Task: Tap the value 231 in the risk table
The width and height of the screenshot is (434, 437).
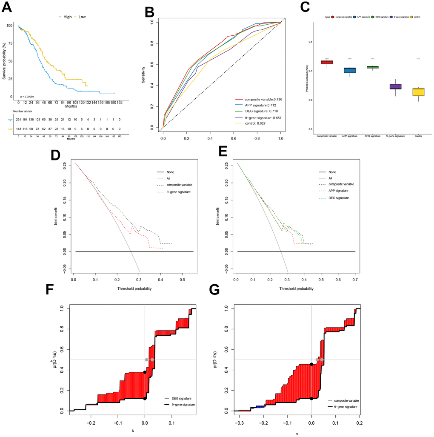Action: pyautogui.click(x=18, y=119)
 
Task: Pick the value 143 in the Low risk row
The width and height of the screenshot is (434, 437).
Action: pyautogui.click(x=18, y=129)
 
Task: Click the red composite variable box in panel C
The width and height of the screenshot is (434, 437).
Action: pyautogui.click(x=327, y=62)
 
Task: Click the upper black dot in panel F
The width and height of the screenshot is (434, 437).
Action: pyautogui.click(x=145, y=372)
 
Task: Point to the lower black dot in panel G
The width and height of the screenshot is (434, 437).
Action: pyautogui.click(x=311, y=399)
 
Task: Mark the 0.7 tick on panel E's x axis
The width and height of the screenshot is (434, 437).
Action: pyautogui.click(x=354, y=280)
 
